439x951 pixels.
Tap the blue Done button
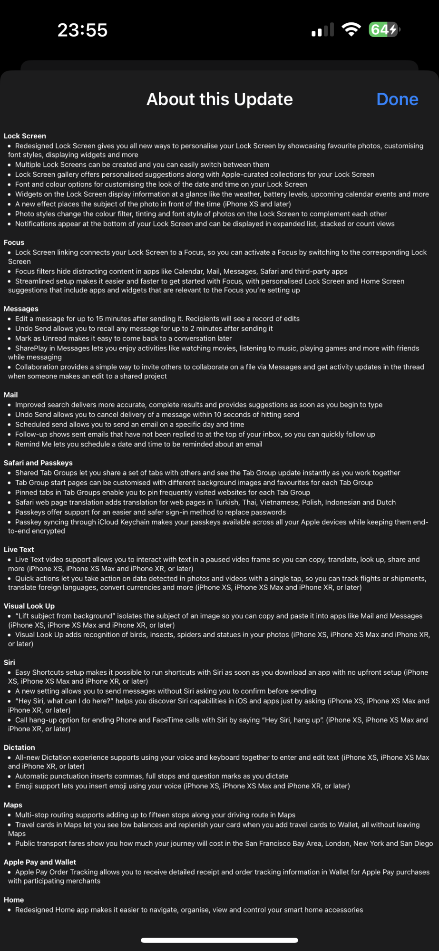pos(397,99)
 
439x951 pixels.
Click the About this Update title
pos(219,99)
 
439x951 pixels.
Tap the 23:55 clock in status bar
pos(82,30)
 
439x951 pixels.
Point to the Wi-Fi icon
pos(351,30)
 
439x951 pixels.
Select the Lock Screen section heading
pos(25,136)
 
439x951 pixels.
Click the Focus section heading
pos(14,243)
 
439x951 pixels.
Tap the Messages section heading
pos(21,309)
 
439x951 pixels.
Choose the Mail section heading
pos(10,395)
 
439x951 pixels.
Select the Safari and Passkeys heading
pos(38,463)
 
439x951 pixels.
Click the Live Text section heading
pos(19,550)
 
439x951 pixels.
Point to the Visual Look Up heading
pos(29,606)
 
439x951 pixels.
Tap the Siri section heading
pos(10,662)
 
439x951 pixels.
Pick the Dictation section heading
pos(19,747)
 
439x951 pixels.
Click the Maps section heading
pos(13,805)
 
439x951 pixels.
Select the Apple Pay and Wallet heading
pos(40,862)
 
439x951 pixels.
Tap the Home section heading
pos(14,900)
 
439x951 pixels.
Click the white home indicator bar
pos(219,940)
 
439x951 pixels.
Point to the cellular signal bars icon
pos(322,30)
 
